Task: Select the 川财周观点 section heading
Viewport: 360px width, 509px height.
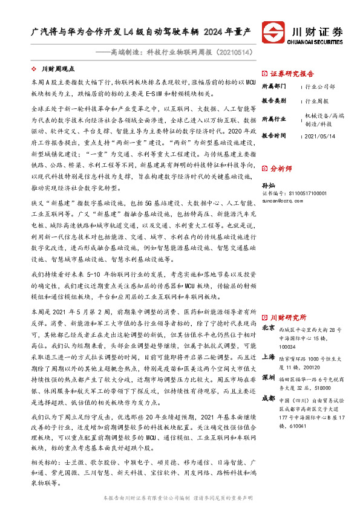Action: tap(58, 70)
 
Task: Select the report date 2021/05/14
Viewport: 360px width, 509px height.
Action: tap(319, 136)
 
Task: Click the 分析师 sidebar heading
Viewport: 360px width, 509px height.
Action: tap(282, 152)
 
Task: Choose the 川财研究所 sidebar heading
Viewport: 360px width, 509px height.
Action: tap(288, 317)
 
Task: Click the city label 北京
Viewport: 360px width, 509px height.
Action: tap(269, 328)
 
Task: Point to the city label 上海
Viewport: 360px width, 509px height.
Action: tap(269, 357)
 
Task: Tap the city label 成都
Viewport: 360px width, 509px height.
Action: tap(269, 399)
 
